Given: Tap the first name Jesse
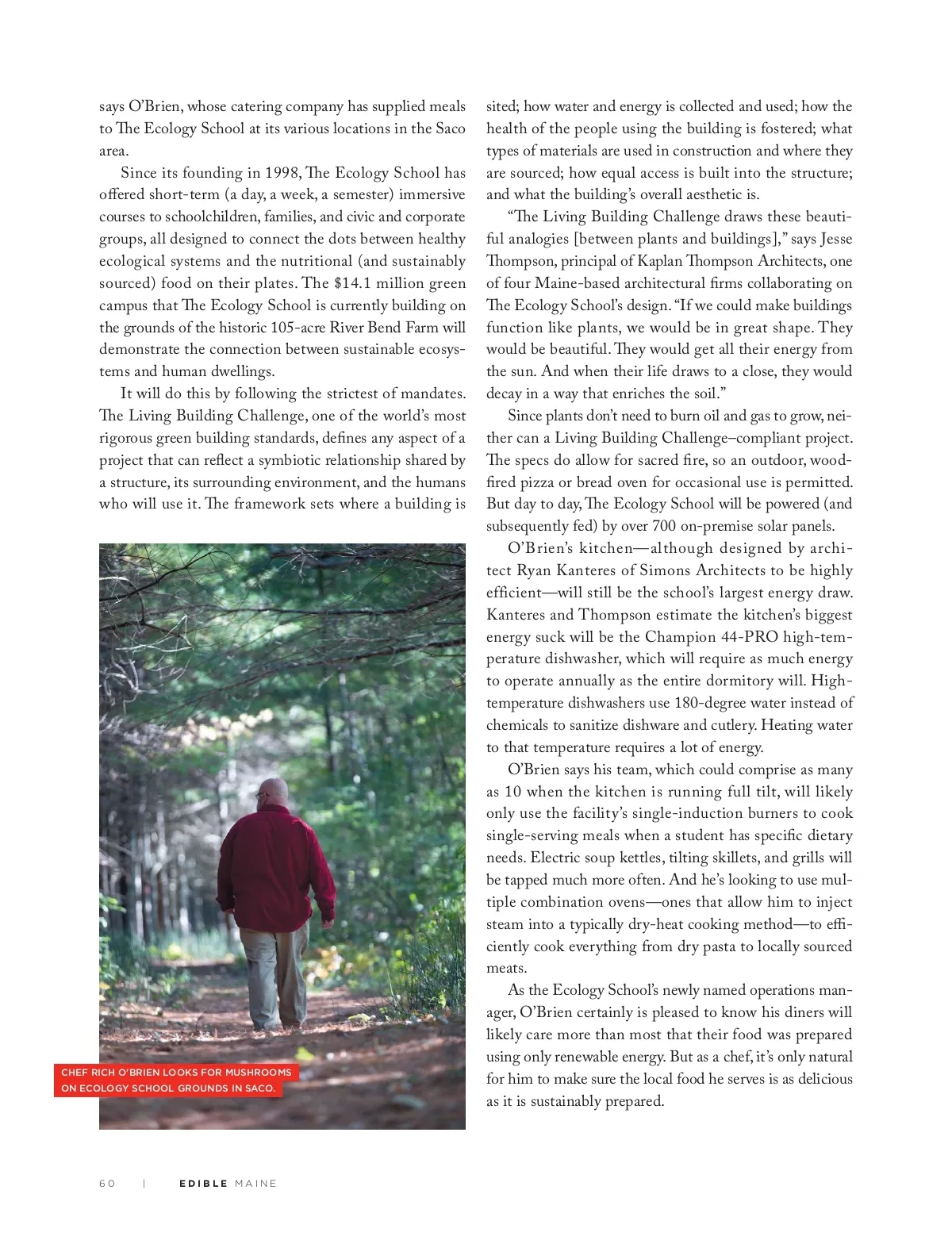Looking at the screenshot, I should coord(836,239).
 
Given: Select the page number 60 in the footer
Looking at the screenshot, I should coord(107,1183).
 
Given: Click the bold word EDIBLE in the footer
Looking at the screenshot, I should coord(203,1183).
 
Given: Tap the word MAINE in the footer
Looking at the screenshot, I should coord(255,1183).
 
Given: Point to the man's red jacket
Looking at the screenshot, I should coord(278,865).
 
